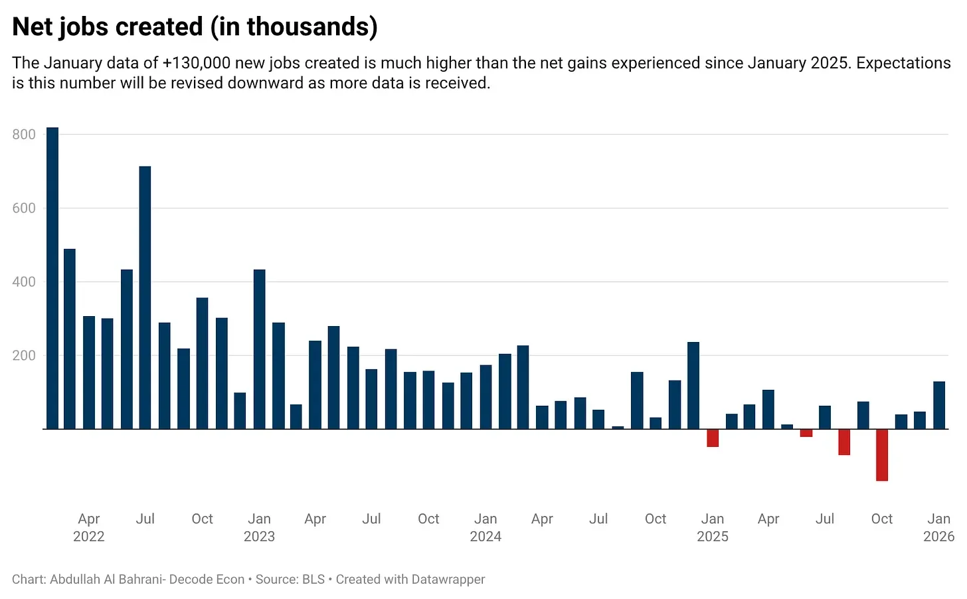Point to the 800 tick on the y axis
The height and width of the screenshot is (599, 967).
tap(24, 135)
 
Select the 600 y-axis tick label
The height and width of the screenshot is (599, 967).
tap(24, 209)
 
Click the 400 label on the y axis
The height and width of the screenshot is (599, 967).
tap(24, 282)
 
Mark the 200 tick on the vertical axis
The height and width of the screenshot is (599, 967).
tap(24, 356)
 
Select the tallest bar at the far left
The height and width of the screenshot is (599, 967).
tap(52, 279)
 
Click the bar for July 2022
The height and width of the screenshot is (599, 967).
tap(145, 299)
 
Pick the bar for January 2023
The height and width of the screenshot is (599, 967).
tap(259, 349)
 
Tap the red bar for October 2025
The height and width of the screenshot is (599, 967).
tap(882, 455)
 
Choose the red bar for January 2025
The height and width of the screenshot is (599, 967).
tap(713, 438)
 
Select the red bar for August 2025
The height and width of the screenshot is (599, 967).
tap(844, 442)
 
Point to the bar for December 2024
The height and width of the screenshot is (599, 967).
tap(693, 386)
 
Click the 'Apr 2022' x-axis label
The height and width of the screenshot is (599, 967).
tap(89, 527)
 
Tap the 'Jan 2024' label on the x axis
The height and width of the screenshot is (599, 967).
tap(485, 527)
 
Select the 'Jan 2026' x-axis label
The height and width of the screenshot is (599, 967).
tap(938, 527)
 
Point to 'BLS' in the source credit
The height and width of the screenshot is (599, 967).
tap(313, 580)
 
